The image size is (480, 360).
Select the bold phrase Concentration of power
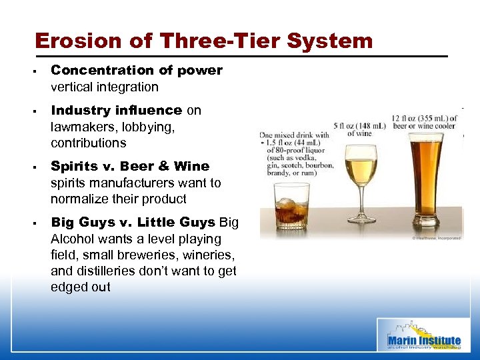click(137, 71)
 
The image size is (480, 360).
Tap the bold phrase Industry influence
click(117, 110)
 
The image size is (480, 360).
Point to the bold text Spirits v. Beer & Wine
click(130, 166)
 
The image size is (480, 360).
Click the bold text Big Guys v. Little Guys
click(133, 222)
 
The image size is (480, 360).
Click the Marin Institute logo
click(424, 335)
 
